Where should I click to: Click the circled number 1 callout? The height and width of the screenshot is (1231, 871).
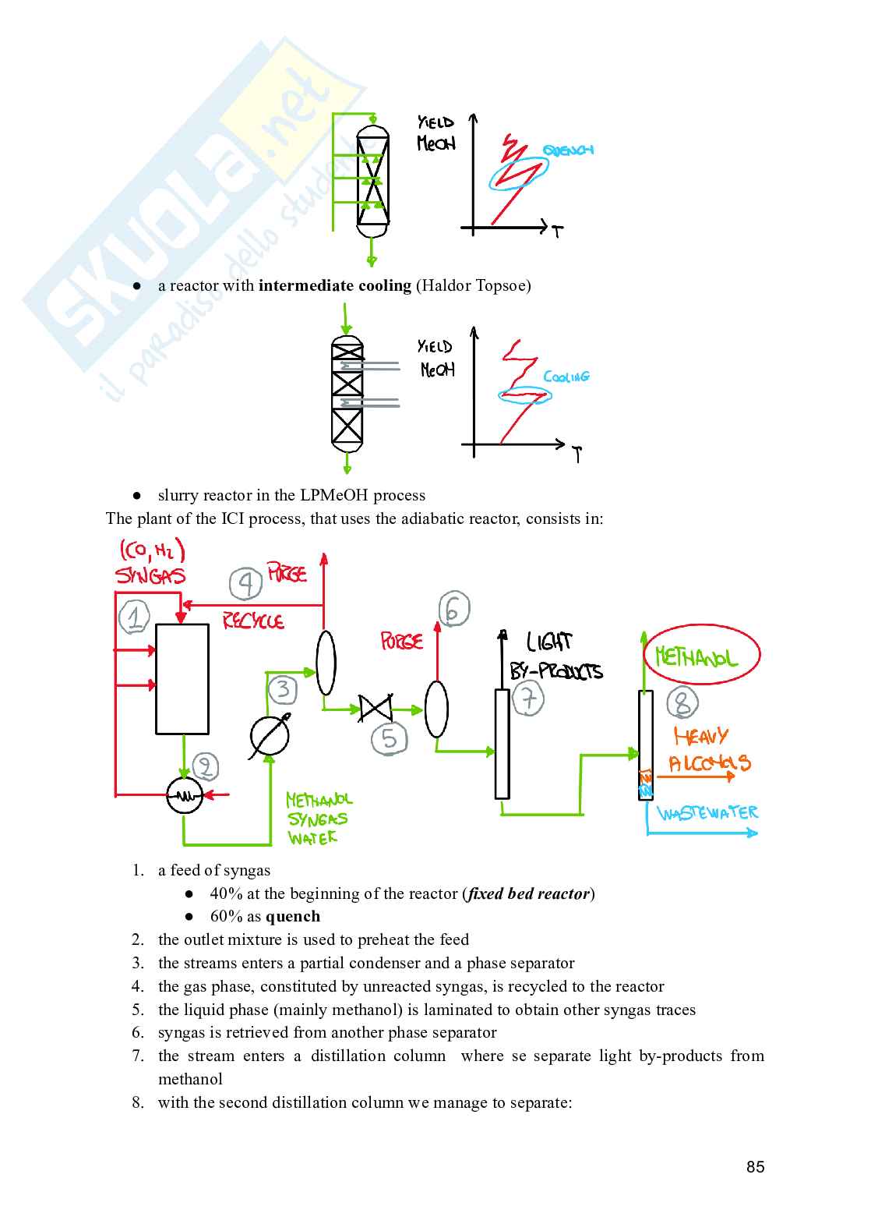coord(134,617)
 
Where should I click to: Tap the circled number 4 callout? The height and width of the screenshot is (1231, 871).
coord(245,583)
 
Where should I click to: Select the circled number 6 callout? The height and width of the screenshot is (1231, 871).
coord(454,608)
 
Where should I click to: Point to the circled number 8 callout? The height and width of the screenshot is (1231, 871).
coord(682,703)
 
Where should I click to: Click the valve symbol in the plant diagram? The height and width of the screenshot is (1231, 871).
coord(376,709)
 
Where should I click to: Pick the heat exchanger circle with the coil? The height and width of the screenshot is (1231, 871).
coord(185,795)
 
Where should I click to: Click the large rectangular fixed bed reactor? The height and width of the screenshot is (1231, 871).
coord(182,679)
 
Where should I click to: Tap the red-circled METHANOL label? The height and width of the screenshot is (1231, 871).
coord(701,655)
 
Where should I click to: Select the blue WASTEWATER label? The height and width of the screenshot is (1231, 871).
coord(707,813)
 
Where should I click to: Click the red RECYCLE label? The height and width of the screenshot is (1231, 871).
coord(253,621)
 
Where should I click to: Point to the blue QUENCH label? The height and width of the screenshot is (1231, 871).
coord(568,150)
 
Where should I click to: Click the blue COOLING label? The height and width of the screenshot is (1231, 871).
coord(566,377)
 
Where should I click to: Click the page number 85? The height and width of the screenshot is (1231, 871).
coord(755,1167)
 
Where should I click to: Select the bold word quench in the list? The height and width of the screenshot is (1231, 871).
coord(293,916)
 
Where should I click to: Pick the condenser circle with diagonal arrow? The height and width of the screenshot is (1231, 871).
coord(269,736)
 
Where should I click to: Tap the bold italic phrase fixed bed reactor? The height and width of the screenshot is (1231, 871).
coord(528,893)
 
